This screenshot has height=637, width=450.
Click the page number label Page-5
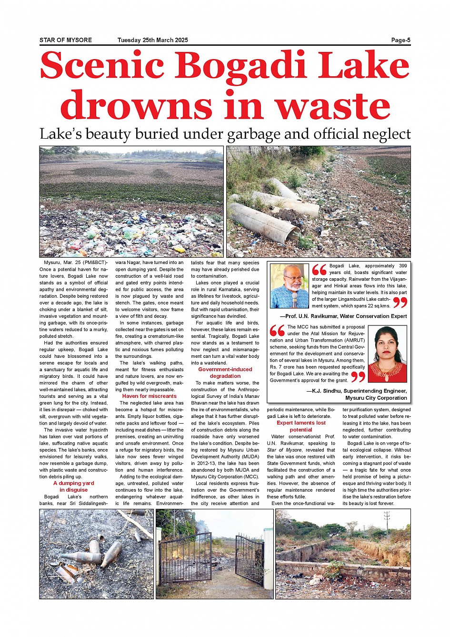(x=400, y=40)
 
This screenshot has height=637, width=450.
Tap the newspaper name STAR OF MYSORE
(x=66, y=40)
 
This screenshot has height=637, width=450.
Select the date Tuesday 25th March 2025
(x=152, y=40)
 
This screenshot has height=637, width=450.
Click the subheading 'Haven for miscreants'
(x=149, y=396)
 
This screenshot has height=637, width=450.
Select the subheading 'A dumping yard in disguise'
(x=73, y=486)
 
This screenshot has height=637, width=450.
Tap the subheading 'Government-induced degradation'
(x=225, y=373)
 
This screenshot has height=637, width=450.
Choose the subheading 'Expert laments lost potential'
(x=301, y=426)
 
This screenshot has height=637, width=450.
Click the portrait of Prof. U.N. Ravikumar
(x=290, y=286)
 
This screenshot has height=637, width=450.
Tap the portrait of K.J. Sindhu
(x=388, y=354)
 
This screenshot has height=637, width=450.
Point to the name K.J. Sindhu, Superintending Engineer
(x=356, y=391)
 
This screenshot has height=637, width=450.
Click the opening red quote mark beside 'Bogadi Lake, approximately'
(x=319, y=270)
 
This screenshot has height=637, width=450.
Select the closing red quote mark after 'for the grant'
(x=358, y=377)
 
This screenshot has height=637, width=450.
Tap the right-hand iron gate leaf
(x=250, y=559)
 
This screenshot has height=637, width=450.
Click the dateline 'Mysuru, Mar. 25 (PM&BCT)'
(x=75, y=263)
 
